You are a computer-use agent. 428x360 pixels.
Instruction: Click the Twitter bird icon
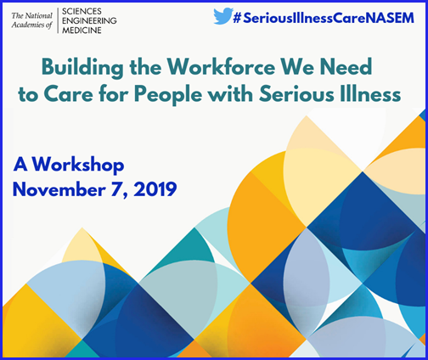coord(223,16)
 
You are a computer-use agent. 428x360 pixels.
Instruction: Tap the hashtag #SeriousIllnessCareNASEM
coord(324,18)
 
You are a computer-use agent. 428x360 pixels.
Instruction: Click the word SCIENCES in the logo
coord(82,11)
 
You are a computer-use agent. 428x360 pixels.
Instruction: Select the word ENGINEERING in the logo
coord(89,20)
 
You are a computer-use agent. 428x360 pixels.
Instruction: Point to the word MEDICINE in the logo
coord(82,30)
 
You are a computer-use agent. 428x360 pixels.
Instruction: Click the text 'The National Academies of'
coord(32,20)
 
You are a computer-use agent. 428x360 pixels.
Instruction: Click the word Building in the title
coord(82,68)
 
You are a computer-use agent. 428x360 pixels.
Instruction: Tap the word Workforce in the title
coord(221,67)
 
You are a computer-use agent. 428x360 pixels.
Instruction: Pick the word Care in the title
coord(68,93)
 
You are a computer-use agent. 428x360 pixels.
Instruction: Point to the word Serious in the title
coord(296,93)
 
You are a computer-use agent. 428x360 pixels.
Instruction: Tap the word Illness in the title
coord(369,93)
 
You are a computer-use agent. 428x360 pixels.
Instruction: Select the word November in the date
coord(59,189)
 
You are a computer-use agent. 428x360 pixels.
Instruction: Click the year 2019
coord(155,189)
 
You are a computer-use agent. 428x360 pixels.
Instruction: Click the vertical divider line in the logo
coord(58,20)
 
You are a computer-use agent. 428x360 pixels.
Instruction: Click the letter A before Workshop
coord(20,164)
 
